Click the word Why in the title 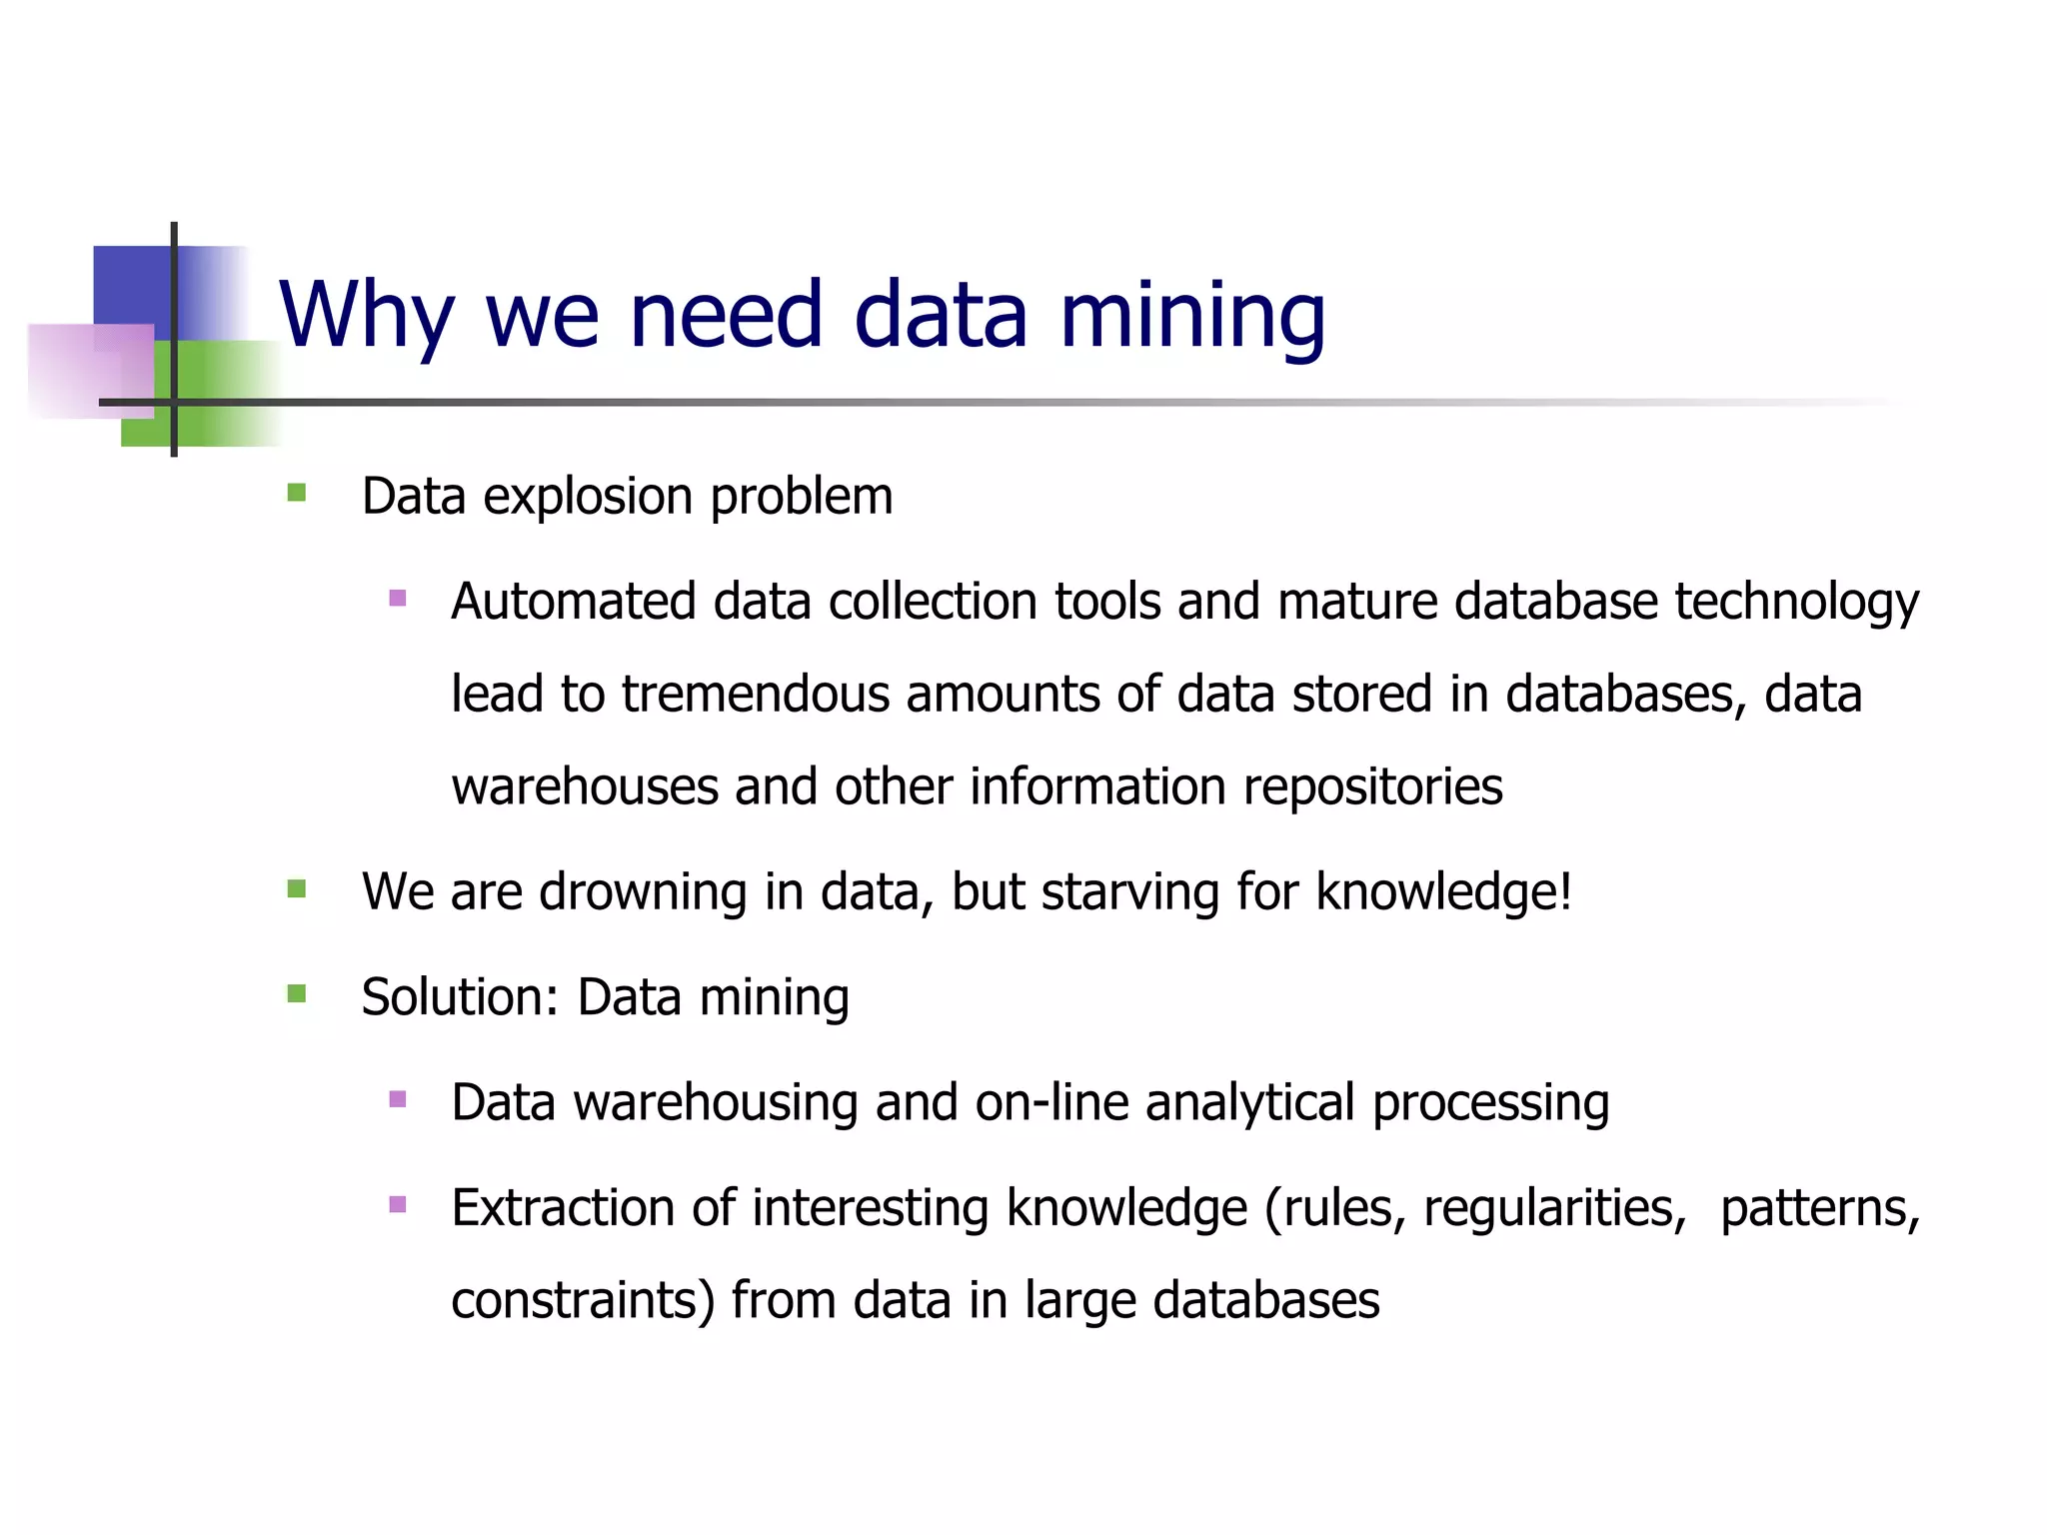(366, 315)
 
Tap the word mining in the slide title (1191, 315)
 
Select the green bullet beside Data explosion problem (296, 493)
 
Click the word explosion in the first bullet (588, 497)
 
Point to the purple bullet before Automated (398, 599)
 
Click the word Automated (573, 602)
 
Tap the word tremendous (755, 694)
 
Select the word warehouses (585, 787)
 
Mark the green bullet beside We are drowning (296, 888)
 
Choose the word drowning (643, 892)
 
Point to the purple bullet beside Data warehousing (398, 1099)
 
